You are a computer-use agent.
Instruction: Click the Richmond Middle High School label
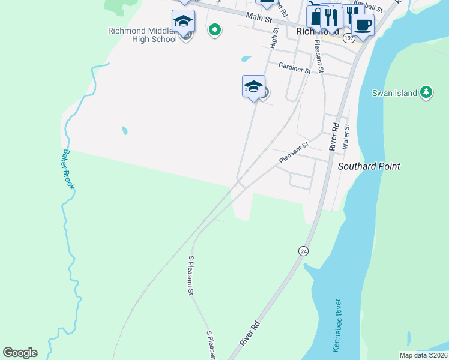point(143,35)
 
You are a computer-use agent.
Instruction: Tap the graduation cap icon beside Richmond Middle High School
point(183,22)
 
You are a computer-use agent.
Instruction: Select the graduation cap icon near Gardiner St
point(253,87)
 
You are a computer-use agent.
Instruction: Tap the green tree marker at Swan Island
point(426,92)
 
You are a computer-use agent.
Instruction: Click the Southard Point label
point(369,166)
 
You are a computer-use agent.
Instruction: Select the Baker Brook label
point(66,170)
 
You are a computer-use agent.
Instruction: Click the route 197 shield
point(348,37)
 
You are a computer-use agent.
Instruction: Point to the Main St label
point(258,17)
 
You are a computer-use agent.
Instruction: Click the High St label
point(275,37)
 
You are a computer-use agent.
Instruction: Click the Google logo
point(20,353)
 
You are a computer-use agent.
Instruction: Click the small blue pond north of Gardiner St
point(246,59)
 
